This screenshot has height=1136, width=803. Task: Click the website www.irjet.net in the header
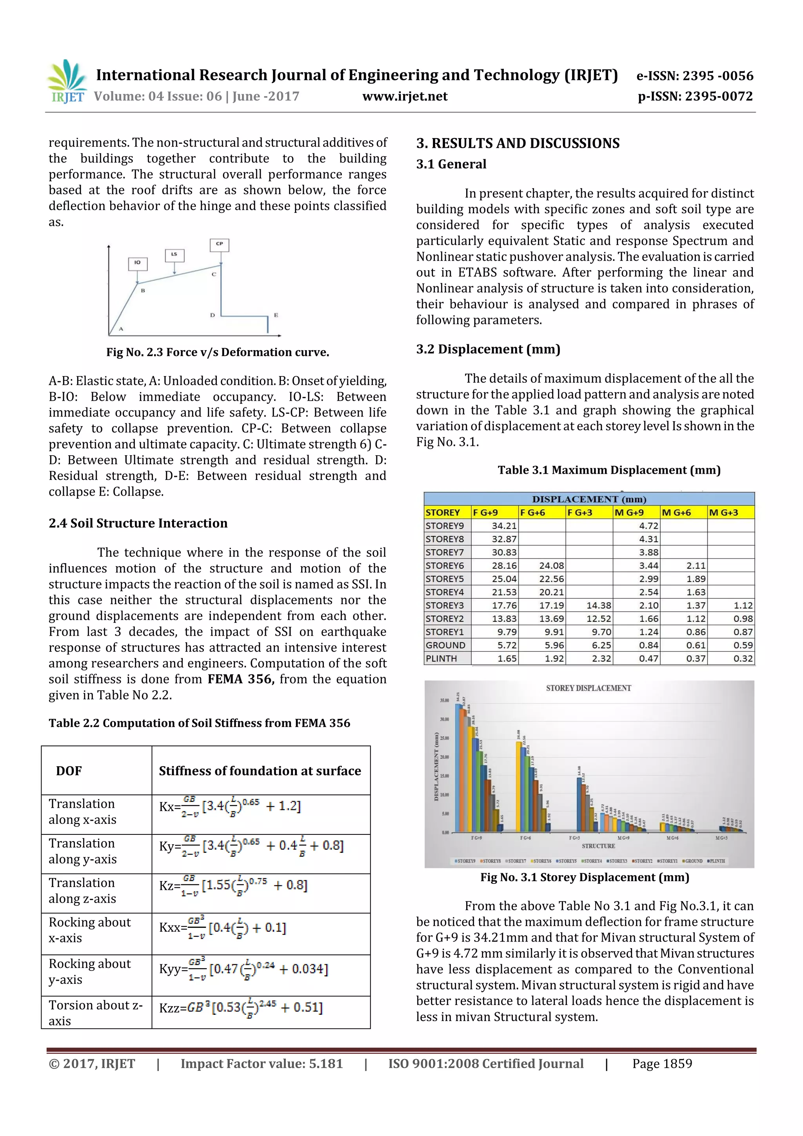tap(405, 96)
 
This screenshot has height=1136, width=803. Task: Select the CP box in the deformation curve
tap(220, 244)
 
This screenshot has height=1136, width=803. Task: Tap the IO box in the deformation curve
tap(138, 263)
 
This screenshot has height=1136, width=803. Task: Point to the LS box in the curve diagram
tap(174, 255)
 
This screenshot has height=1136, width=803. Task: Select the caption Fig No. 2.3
tap(218, 352)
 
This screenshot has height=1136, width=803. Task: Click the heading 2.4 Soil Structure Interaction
tap(138, 523)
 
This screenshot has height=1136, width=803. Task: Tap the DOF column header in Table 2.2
tap(69, 771)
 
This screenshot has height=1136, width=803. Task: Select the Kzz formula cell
tap(241, 1008)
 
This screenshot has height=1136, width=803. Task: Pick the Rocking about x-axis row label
tap(89, 930)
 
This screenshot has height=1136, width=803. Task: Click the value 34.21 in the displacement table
tap(504, 526)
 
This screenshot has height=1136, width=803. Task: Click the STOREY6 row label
tap(444, 565)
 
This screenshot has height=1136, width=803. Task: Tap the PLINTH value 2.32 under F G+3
tap(601, 658)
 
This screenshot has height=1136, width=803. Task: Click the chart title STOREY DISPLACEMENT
tap(588, 688)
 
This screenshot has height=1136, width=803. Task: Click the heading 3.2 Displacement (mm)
tap(488, 349)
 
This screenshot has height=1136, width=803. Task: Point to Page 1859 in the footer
tap(661, 1064)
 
